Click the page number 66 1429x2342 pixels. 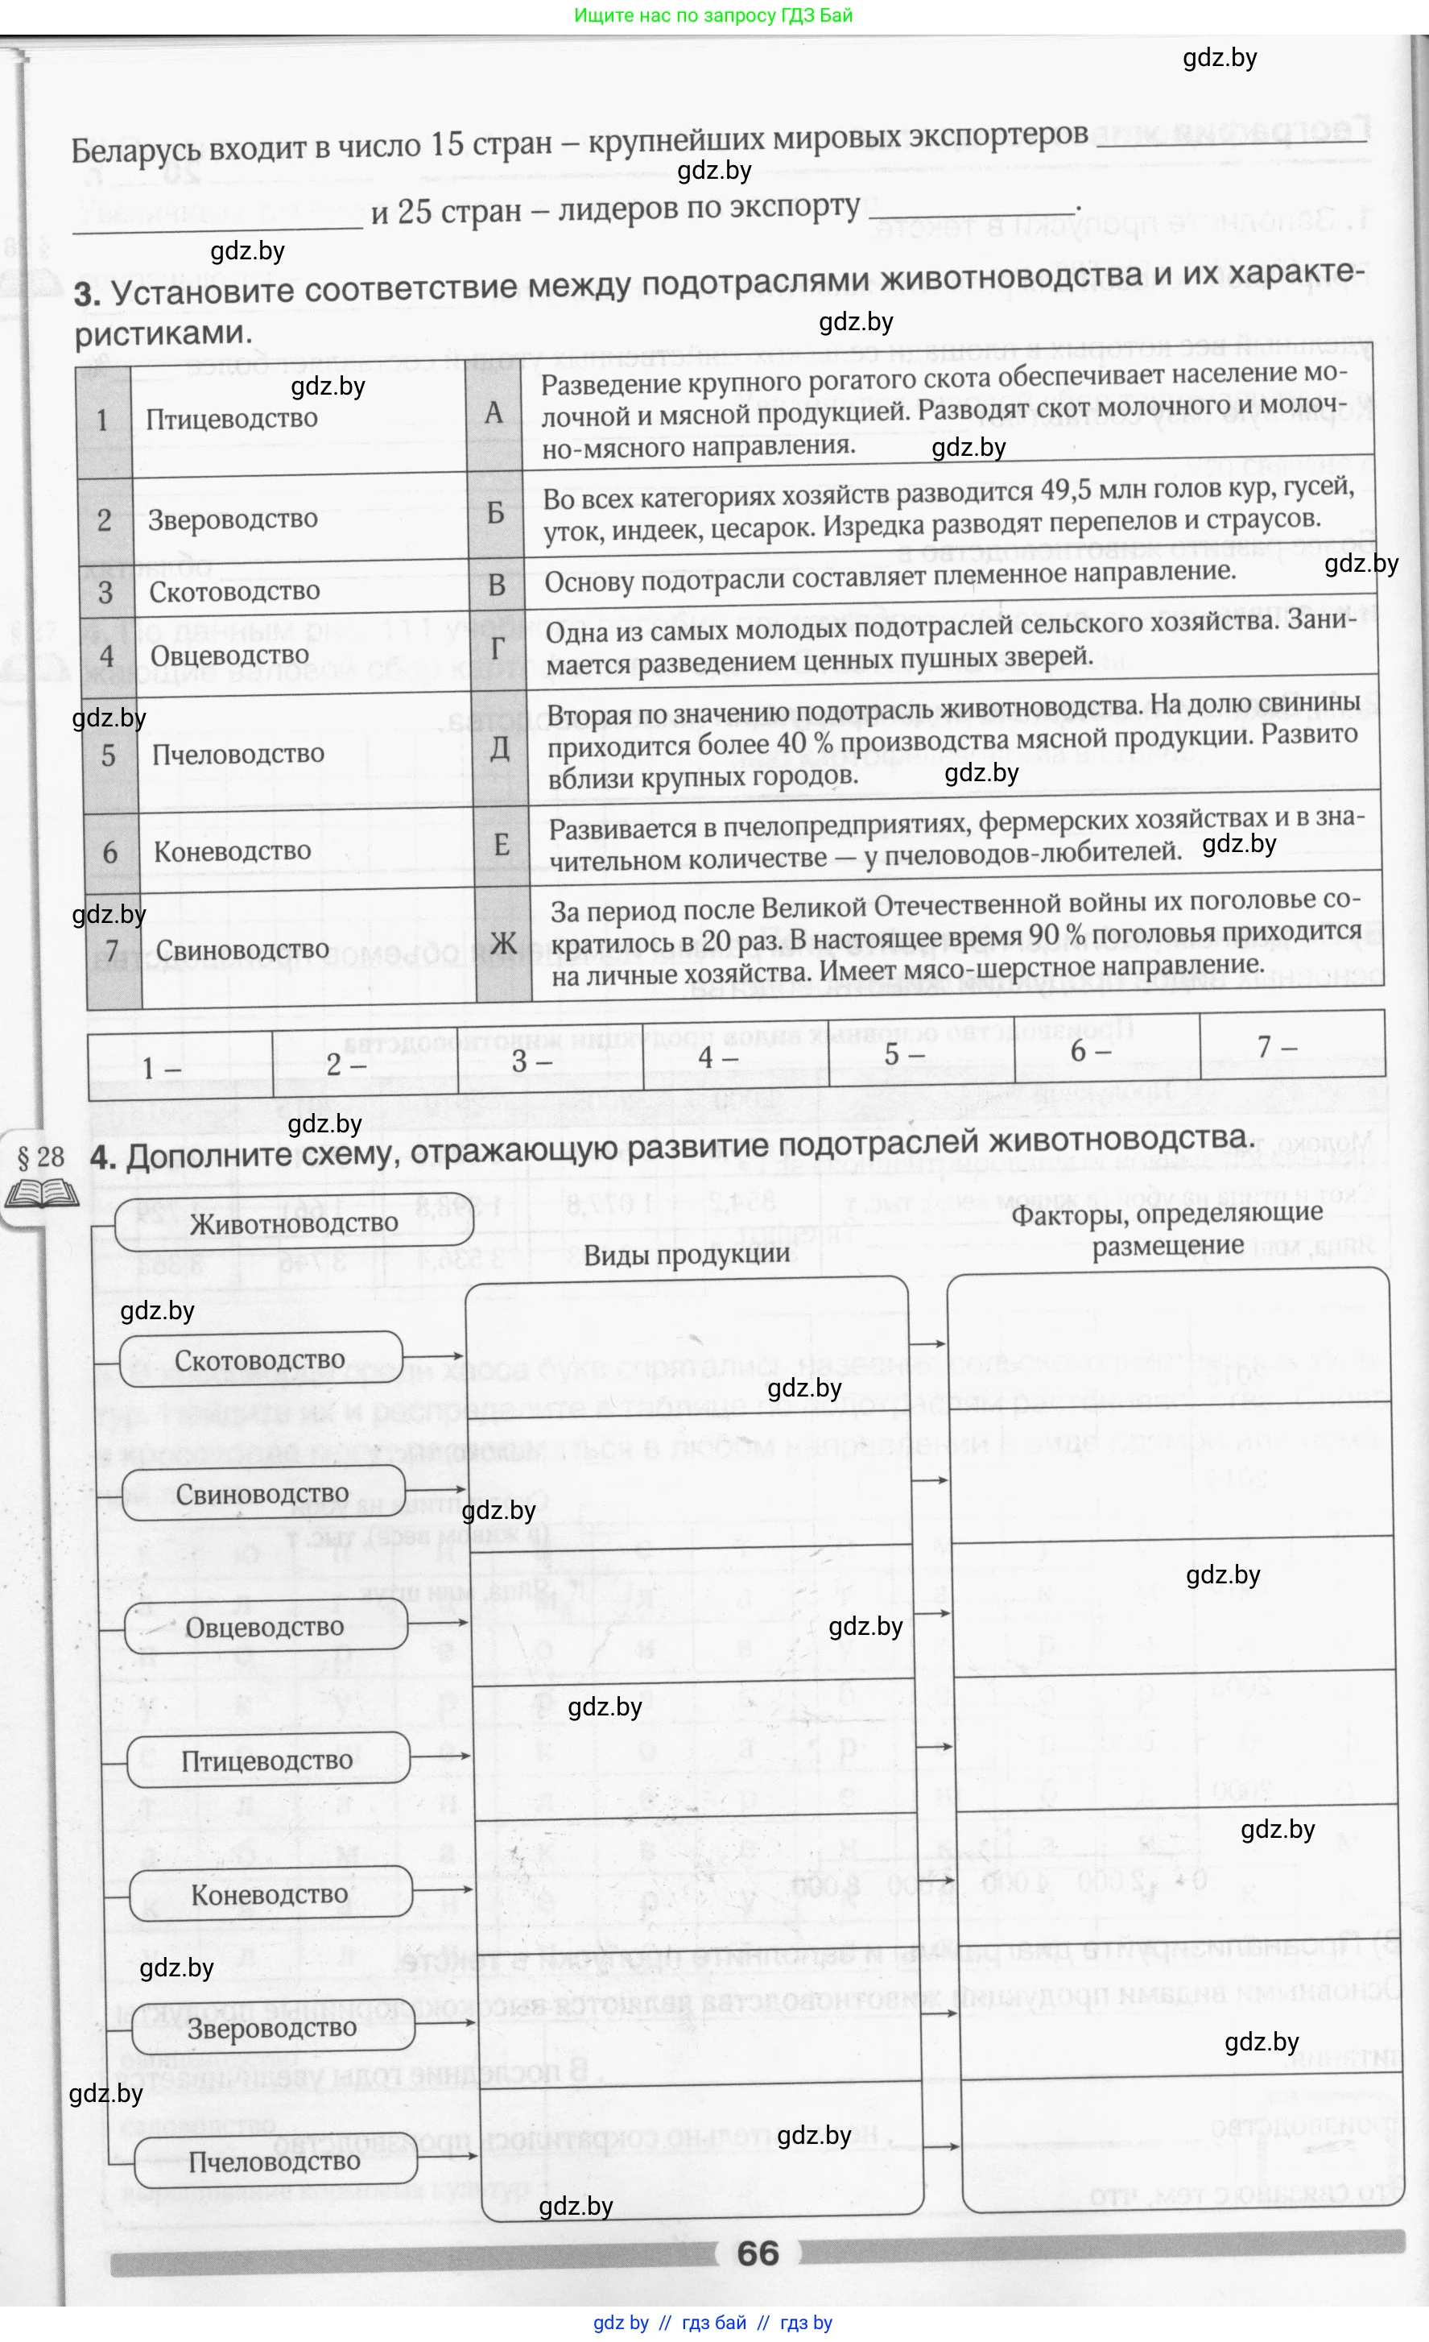coord(758,2253)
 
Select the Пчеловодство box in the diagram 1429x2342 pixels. coord(275,2162)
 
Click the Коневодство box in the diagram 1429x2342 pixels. coord(270,1894)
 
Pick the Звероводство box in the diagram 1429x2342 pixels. coord(272,2029)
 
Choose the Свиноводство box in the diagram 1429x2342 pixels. coord(262,1494)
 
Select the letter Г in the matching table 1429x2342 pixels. coord(497,649)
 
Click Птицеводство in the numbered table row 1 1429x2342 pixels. coord(232,418)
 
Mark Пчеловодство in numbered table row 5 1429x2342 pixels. coord(238,754)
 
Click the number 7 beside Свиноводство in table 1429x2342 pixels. coord(112,951)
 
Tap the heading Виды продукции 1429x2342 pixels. coord(687,1255)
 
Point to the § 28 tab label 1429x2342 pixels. coord(41,1157)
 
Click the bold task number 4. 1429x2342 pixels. coord(101,1157)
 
